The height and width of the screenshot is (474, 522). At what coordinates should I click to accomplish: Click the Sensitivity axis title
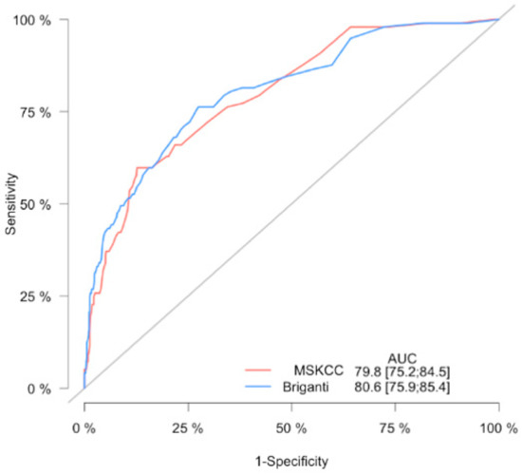click(x=11, y=203)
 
